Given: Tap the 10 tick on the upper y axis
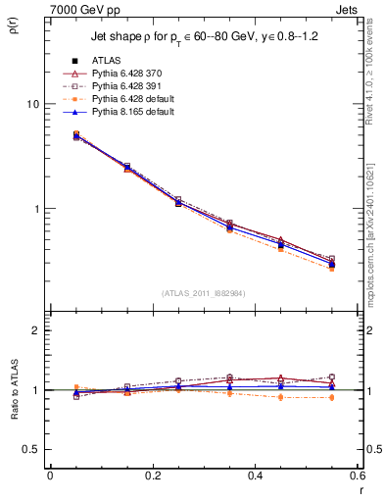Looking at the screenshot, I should [x=31, y=104].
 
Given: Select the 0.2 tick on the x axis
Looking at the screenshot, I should [x=153, y=476].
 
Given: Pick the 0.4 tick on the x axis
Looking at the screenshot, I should [x=255, y=476].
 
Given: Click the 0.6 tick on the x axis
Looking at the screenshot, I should [x=356, y=476].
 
